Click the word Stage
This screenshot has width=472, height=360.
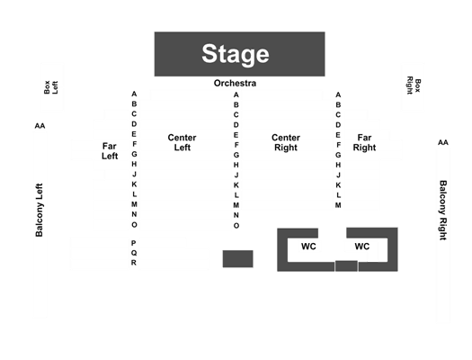tap(235, 54)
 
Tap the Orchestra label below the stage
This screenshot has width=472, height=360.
tap(235, 83)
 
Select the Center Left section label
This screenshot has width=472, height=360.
tap(182, 142)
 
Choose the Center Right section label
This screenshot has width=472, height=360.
tap(286, 142)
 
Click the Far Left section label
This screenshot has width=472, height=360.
tap(110, 151)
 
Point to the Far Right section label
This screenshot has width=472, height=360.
tap(364, 142)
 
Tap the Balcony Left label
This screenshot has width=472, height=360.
tap(40, 210)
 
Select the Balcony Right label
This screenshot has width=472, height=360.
tap(443, 211)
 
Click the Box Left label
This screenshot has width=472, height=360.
tap(51, 87)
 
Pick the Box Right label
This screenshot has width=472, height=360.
tap(414, 85)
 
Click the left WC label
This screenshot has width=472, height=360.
tap(308, 247)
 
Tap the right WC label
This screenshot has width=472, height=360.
tap(361, 247)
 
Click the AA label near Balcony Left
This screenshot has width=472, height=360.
tap(40, 126)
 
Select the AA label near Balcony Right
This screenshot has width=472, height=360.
tap(443, 142)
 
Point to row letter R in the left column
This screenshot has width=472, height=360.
tap(134, 263)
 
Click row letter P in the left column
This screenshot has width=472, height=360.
tap(134, 243)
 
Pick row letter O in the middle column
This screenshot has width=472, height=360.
tap(236, 226)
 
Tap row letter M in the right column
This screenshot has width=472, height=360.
tap(338, 205)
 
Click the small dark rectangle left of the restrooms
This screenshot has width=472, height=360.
tap(238, 259)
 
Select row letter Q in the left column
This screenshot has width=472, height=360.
tap(134, 253)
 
